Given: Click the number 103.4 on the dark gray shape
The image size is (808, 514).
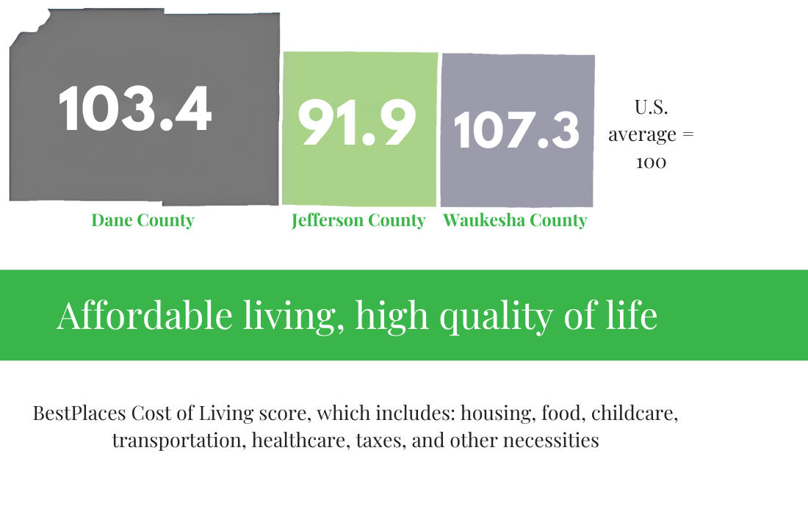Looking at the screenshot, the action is [x=135, y=109].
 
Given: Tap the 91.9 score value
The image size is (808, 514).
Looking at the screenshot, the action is [x=356, y=123].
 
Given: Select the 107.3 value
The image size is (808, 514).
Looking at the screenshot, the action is [x=516, y=131].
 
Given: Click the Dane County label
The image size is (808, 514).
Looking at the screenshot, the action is [x=143, y=220].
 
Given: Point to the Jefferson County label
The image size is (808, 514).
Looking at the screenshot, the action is [x=358, y=220].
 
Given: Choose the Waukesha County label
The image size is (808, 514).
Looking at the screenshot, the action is [x=515, y=220].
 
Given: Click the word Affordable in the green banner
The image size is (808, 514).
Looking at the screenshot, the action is [x=144, y=315].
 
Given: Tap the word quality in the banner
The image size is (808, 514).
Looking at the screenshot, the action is [x=496, y=316].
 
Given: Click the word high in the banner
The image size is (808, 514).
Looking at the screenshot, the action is [x=392, y=316].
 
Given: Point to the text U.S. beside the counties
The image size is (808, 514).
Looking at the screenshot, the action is [x=651, y=107].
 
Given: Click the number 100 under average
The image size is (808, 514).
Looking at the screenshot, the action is [x=651, y=163].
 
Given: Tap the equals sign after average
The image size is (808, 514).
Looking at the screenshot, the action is [x=688, y=134].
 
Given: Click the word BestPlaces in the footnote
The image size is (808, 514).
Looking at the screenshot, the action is [x=79, y=413].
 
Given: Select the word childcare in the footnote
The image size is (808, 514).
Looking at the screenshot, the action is [x=635, y=413].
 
